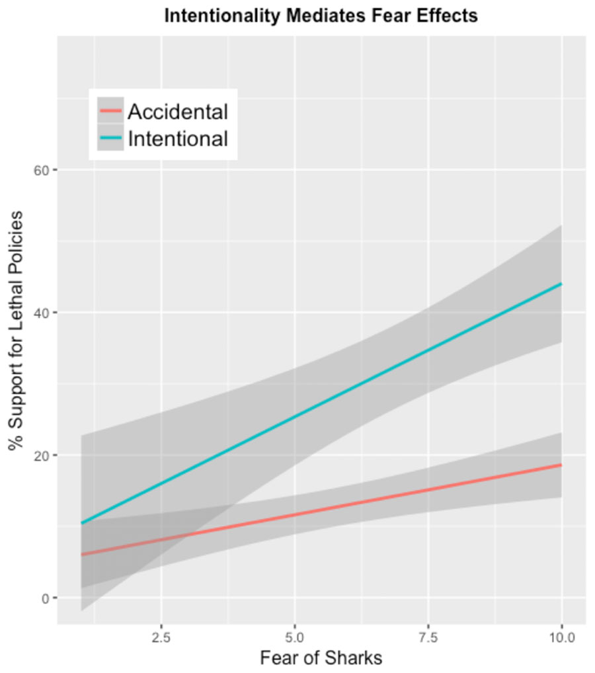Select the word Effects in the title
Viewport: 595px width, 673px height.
[448, 16]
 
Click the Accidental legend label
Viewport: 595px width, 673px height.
[178, 112]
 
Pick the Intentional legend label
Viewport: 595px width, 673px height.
[178, 139]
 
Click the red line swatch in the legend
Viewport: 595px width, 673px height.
[110, 111]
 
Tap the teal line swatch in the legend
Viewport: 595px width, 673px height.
[110, 138]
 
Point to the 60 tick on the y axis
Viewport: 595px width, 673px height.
[42, 170]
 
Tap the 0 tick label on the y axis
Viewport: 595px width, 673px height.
[46, 598]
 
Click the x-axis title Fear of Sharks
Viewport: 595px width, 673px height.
[321, 658]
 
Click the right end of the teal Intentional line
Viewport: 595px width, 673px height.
[561, 284]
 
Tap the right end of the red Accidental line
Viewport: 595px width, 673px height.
[561, 465]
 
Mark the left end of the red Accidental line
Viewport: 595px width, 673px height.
[82, 554]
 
